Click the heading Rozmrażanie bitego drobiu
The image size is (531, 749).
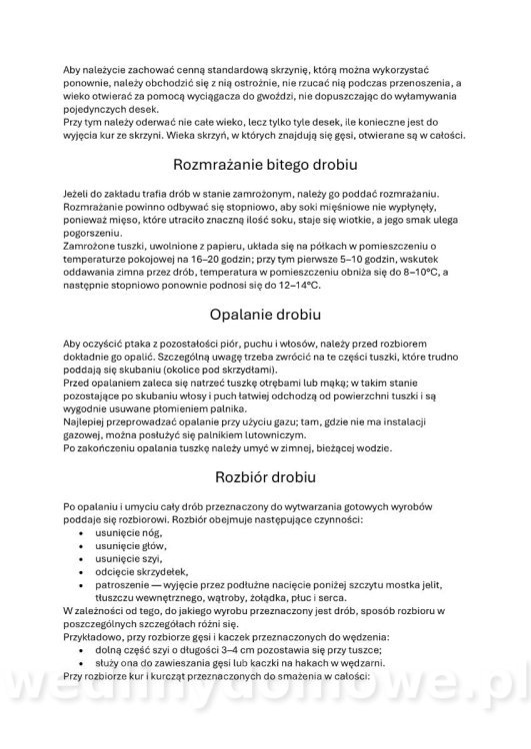265,164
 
